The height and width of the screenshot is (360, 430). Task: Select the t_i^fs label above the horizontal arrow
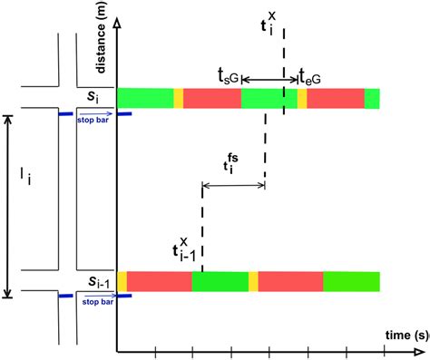[x=233, y=164]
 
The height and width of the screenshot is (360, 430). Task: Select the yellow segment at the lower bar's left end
[x=122, y=281]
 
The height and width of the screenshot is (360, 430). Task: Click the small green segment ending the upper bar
[x=372, y=98]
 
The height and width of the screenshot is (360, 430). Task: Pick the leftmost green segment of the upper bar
[x=145, y=98]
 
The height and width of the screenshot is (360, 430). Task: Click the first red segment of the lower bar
[x=159, y=281]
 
